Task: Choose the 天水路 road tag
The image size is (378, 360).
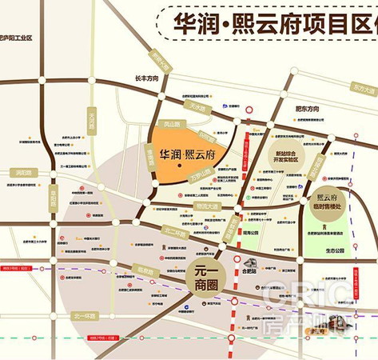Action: (x=197, y=108)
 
